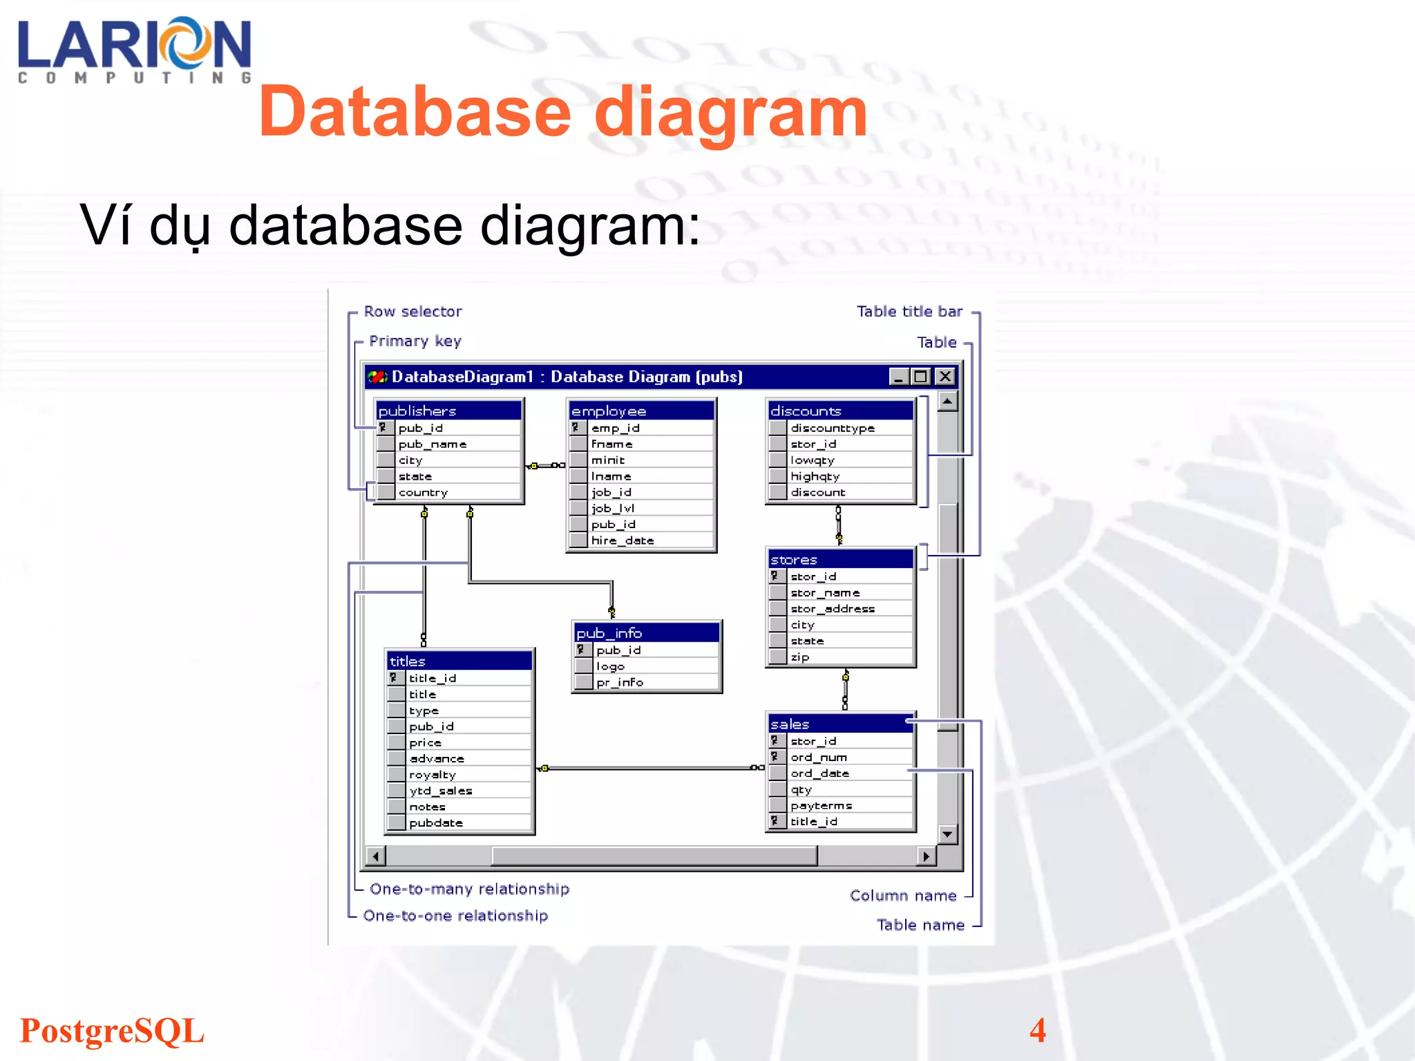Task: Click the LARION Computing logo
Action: pyautogui.click(x=135, y=50)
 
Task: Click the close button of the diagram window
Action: pyautogui.click(x=945, y=377)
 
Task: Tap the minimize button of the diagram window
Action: pyautogui.click(x=898, y=377)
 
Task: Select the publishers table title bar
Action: pyautogui.click(x=448, y=411)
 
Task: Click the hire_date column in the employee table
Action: pyautogui.click(x=623, y=541)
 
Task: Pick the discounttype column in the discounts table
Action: pyautogui.click(x=833, y=428)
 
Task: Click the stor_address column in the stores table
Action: pyautogui.click(x=833, y=609)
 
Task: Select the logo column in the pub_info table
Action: pyautogui.click(x=611, y=666)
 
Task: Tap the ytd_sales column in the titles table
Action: pyautogui.click(x=441, y=791)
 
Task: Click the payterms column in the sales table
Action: pyautogui.click(x=822, y=806)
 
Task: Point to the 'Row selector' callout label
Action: pyautogui.click(x=413, y=312)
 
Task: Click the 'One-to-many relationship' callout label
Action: pyautogui.click(x=470, y=889)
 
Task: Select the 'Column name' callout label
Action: pyautogui.click(x=903, y=896)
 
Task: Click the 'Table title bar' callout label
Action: pyautogui.click(x=909, y=312)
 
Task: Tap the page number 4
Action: pyautogui.click(x=1037, y=1031)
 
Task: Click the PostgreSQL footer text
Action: pyautogui.click(x=112, y=1031)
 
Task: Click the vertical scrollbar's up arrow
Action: pyautogui.click(x=948, y=402)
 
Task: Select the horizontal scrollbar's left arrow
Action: pyautogui.click(x=375, y=856)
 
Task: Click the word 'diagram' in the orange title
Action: pyautogui.click(x=730, y=112)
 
